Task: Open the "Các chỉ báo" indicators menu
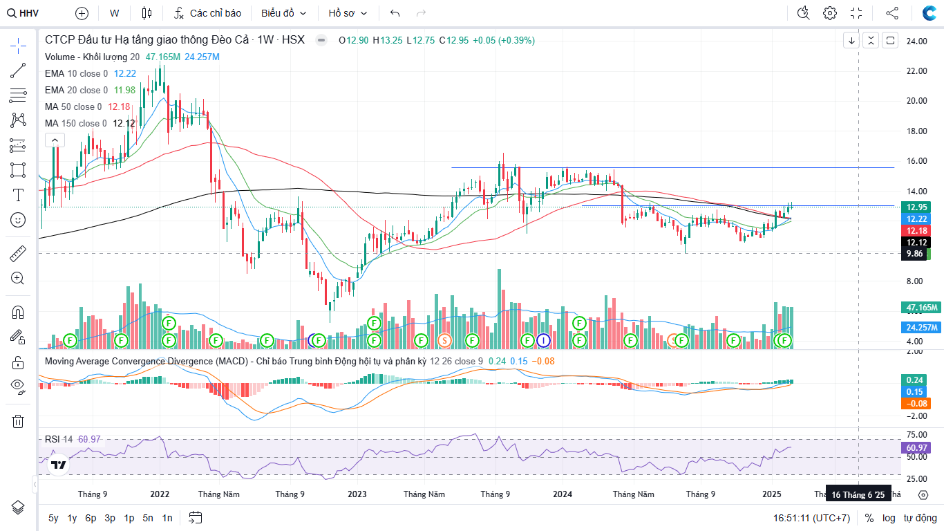(207, 13)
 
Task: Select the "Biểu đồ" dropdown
(283, 13)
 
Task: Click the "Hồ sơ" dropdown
(348, 13)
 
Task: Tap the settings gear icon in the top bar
(830, 13)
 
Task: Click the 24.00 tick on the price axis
(916, 41)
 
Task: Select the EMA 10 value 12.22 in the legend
(125, 73)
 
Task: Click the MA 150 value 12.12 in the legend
(124, 123)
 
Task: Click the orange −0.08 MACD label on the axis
(916, 404)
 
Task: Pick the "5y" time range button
(53, 518)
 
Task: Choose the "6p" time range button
(91, 518)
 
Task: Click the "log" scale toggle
(889, 518)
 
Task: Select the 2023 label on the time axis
(357, 494)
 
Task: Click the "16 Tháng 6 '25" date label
(858, 495)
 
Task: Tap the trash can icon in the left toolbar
(18, 421)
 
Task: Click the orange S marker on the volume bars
(445, 340)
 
